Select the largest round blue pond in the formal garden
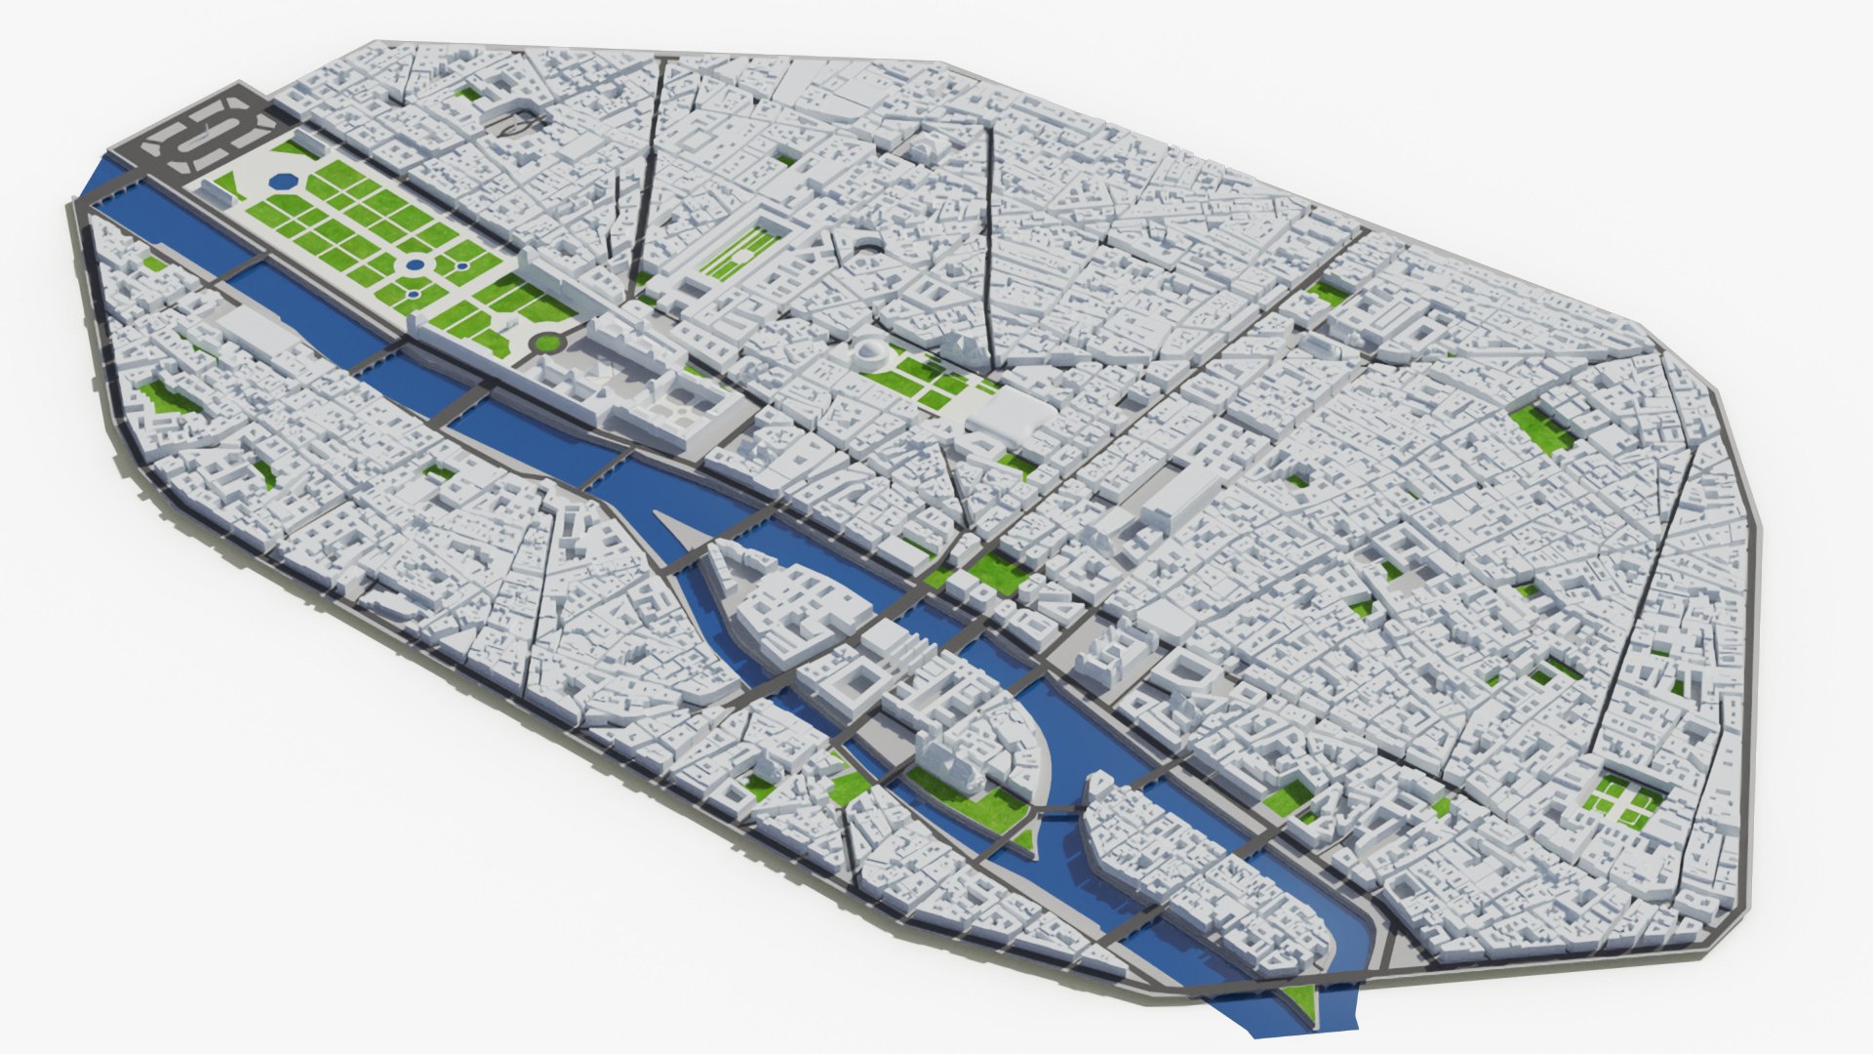[x=415, y=264]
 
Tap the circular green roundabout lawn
[x=546, y=342]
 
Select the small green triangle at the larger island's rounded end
[x=1023, y=837]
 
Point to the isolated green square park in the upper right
[x=1541, y=429]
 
